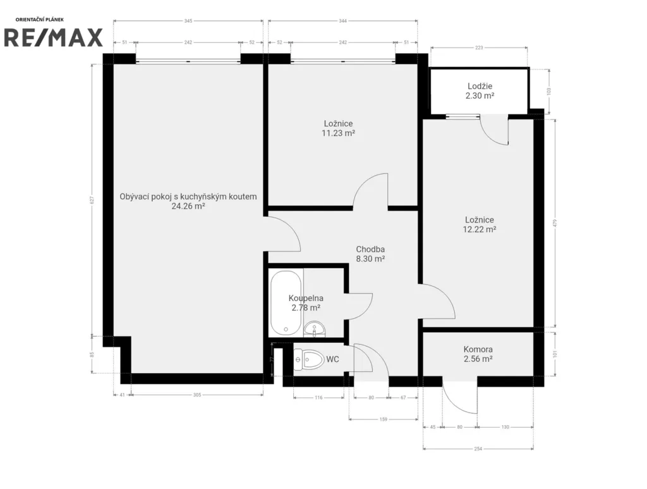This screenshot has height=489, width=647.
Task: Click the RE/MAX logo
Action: [x=53, y=37]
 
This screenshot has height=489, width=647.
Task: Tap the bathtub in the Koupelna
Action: [x=286, y=303]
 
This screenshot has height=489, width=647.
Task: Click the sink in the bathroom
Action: [x=315, y=329]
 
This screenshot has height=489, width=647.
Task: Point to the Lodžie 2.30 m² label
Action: [x=480, y=91]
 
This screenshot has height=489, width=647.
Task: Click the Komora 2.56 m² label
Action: [x=478, y=354]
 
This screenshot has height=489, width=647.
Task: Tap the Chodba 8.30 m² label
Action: [x=370, y=254]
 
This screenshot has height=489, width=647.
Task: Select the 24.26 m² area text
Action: [x=188, y=206]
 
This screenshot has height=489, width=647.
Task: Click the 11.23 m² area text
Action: [x=339, y=133]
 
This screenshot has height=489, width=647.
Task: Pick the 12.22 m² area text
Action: [x=479, y=230]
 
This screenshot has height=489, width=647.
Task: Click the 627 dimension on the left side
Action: [x=92, y=200]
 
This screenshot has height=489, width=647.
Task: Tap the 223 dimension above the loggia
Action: [x=479, y=47]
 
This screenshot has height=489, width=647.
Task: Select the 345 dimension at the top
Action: [x=188, y=21]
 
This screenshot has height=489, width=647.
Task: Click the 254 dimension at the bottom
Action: [x=478, y=449]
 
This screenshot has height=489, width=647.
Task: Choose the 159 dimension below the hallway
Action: [x=383, y=419]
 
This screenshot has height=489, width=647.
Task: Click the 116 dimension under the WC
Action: [x=318, y=398]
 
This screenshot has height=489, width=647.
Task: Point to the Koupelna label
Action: [x=306, y=298]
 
